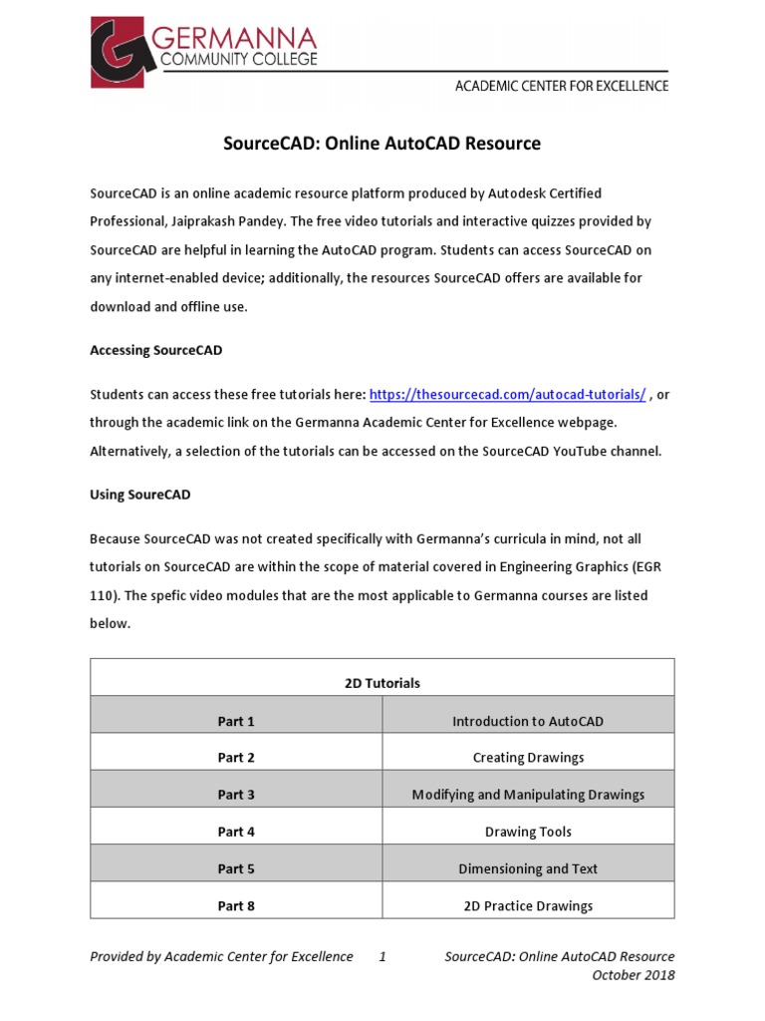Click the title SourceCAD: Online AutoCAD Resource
(382, 144)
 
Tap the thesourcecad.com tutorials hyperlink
(508, 395)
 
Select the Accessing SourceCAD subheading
(155, 350)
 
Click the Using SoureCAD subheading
(139, 495)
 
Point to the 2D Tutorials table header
(382, 683)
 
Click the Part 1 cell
(236, 721)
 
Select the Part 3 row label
(236, 795)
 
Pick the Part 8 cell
(236, 906)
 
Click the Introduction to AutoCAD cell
(528, 721)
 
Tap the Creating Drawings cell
(528, 758)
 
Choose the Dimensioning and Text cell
(528, 869)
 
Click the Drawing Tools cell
(528, 832)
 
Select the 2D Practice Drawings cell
(528, 906)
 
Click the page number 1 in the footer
(382, 957)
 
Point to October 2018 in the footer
(633, 975)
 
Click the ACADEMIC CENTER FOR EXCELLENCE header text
(562, 86)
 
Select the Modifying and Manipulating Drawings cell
(528, 795)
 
